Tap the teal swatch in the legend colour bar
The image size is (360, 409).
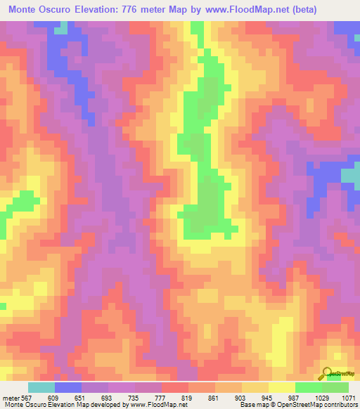point(41,388)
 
